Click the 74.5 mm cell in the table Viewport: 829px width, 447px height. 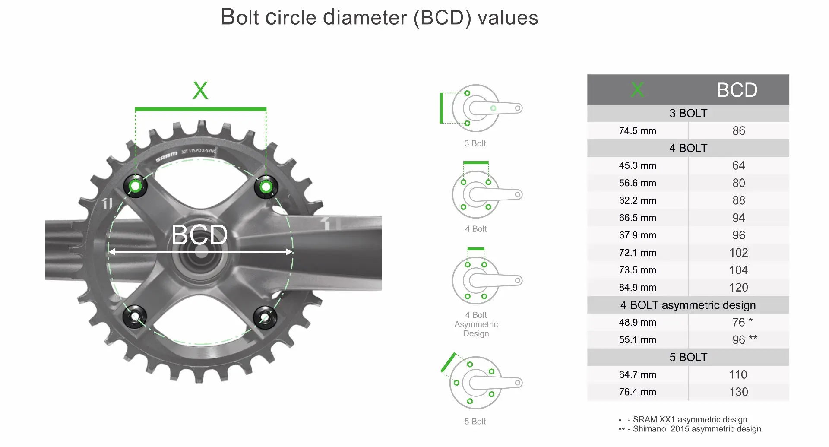[637, 131]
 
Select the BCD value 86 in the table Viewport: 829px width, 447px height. [738, 131]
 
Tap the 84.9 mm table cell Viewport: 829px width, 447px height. [637, 288]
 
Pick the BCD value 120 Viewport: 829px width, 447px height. [738, 288]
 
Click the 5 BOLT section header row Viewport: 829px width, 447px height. [688, 357]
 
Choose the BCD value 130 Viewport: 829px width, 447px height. [738, 392]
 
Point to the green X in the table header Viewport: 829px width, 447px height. [637, 90]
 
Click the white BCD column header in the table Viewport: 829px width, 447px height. [737, 90]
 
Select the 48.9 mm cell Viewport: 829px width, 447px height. [637, 323]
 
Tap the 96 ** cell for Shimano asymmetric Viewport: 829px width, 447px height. [744, 340]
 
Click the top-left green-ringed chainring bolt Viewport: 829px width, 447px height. [136, 186]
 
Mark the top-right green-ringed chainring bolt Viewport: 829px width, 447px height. [266, 187]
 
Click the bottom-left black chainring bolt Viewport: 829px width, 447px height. [135, 317]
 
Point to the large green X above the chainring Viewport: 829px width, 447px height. [200, 91]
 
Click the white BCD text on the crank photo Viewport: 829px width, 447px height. [199, 235]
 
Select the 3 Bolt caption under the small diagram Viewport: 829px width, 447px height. [475, 143]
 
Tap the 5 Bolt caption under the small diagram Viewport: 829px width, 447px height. [475, 422]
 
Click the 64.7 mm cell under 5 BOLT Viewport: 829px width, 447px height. [637, 375]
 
